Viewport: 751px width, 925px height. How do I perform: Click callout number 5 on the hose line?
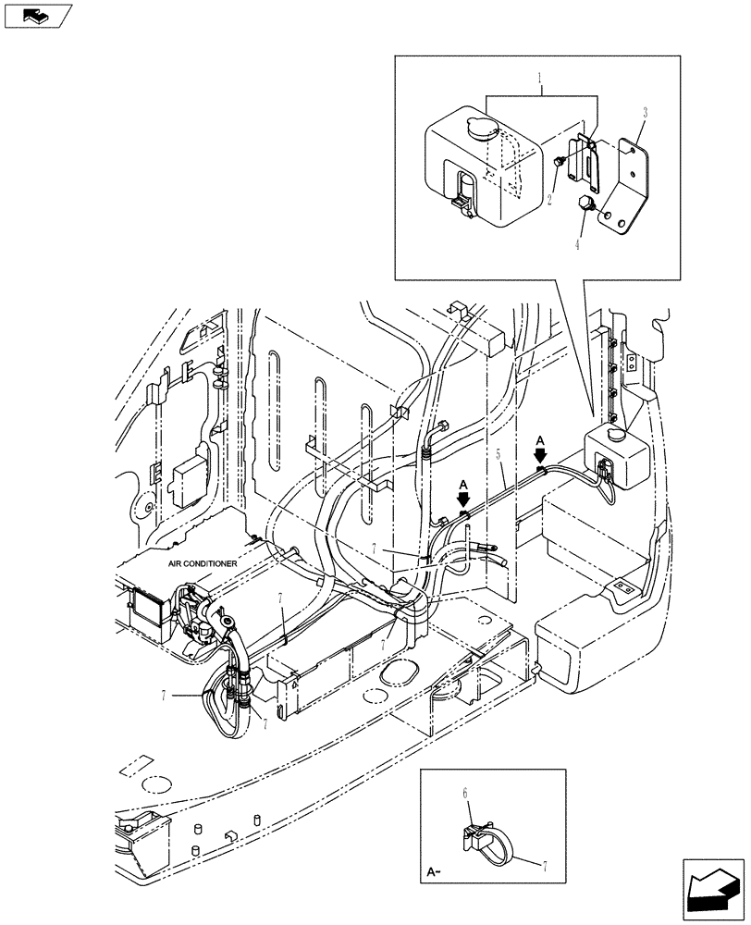click(499, 456)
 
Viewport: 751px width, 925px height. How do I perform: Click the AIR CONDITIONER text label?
click(203, 563)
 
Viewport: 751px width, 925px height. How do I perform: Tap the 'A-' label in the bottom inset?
click(436, 871)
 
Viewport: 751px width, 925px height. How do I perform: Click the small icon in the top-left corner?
click(37, 16)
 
